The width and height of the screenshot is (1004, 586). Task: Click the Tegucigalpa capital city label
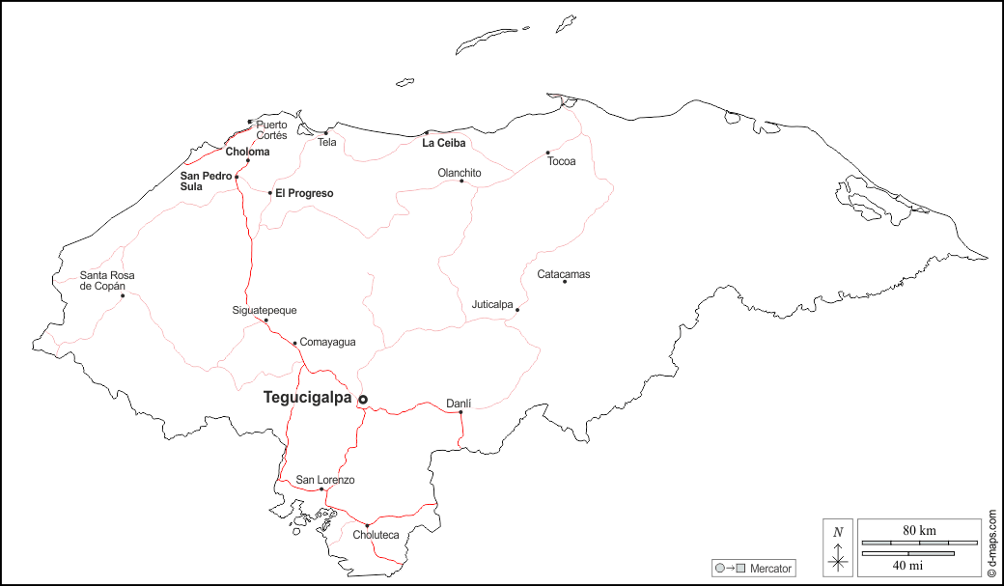pyautogui.click(x=308, y=397)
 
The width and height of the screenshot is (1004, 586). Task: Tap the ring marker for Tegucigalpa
pyautogui.click(x=363, y=399)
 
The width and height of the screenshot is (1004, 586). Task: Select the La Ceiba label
pyautogui.click(x=444, y=143)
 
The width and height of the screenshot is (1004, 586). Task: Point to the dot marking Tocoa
pyautogui.click(x=547, y=153)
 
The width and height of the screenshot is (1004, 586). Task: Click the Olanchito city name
pyautogui.click(x=460, y=173)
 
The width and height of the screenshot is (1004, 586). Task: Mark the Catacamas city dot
pyautogui.click(x=565, y=281)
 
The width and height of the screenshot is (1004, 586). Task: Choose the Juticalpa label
pyautogui.click(x=492, y=304)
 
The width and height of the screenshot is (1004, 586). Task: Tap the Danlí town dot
pyautogui.click(x=460, y=412)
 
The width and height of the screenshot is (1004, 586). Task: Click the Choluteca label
pyautogui.click(x=376, y=535)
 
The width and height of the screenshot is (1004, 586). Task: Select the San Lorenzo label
pyautogui.click(x=325, y=480)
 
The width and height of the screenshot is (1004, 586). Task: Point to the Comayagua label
pyautogui.click(x=327, y=342)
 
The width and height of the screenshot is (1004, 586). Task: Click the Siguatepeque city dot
pyautogui.click(x=266, y=321)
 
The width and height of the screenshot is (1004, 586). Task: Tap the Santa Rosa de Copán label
pyautogui.click(x=107, y=281)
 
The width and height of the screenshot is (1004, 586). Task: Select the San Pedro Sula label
pyautogui.click(x=206, y=181)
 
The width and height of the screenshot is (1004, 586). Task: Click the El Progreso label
pyautogui.click(x=304, y=193)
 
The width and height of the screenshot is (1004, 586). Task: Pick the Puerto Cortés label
pyautogui.click(x=271, y=130)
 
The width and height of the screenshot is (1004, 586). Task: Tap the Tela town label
pyautogui.click(x=327, y=143)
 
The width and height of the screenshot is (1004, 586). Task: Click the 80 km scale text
pyautogui.click(x=919, y=531)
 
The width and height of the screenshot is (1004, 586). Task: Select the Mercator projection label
pyautogui.click(x=770, y=569)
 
